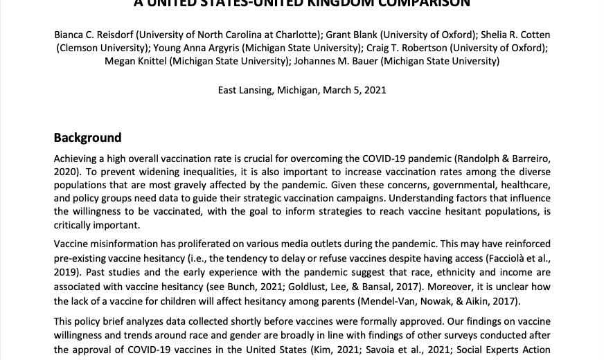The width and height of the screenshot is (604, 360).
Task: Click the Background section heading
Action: [87, 137]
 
